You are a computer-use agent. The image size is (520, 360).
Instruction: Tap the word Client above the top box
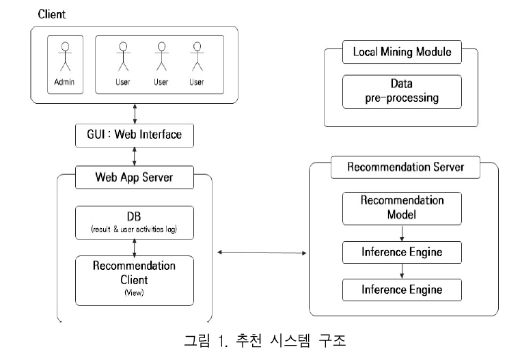point(53,14)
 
